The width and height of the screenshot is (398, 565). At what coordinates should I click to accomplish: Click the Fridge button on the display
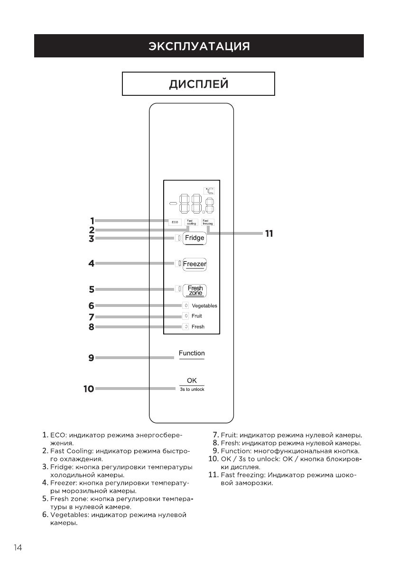point(194,238)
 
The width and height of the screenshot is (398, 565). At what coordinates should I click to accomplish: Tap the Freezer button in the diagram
point(194,263)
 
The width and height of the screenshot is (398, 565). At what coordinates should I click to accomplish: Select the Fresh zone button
point(195,290)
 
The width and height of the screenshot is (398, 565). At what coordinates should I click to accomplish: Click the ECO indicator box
point(175,222)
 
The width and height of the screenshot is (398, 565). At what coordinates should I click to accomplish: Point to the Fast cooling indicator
point(191,222)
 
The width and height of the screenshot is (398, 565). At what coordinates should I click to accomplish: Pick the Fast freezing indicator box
point(208,222)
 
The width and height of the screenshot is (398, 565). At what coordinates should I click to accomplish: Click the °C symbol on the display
point(209,191)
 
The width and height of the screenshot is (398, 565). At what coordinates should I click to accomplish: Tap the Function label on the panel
point(192,353)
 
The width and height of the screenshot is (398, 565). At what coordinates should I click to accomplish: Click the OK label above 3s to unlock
point(192,380)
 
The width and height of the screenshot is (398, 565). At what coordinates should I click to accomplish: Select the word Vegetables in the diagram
point(204,306)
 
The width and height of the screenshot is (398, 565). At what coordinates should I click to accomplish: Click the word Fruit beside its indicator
point(197,316)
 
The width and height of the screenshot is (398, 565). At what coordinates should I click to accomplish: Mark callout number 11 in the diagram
point(269,233)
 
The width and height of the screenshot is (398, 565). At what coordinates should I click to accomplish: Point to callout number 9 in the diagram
point(91,358)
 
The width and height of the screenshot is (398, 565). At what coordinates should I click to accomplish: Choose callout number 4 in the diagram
point(91,263)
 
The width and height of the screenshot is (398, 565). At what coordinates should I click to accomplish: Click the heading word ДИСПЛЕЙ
point(199,84)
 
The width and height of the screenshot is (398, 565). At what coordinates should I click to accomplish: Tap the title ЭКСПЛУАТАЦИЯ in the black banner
point(199,46)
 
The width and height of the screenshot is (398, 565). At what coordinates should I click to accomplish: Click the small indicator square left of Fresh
point(186,326)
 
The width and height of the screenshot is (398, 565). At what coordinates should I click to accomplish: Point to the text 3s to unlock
point(192,389)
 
